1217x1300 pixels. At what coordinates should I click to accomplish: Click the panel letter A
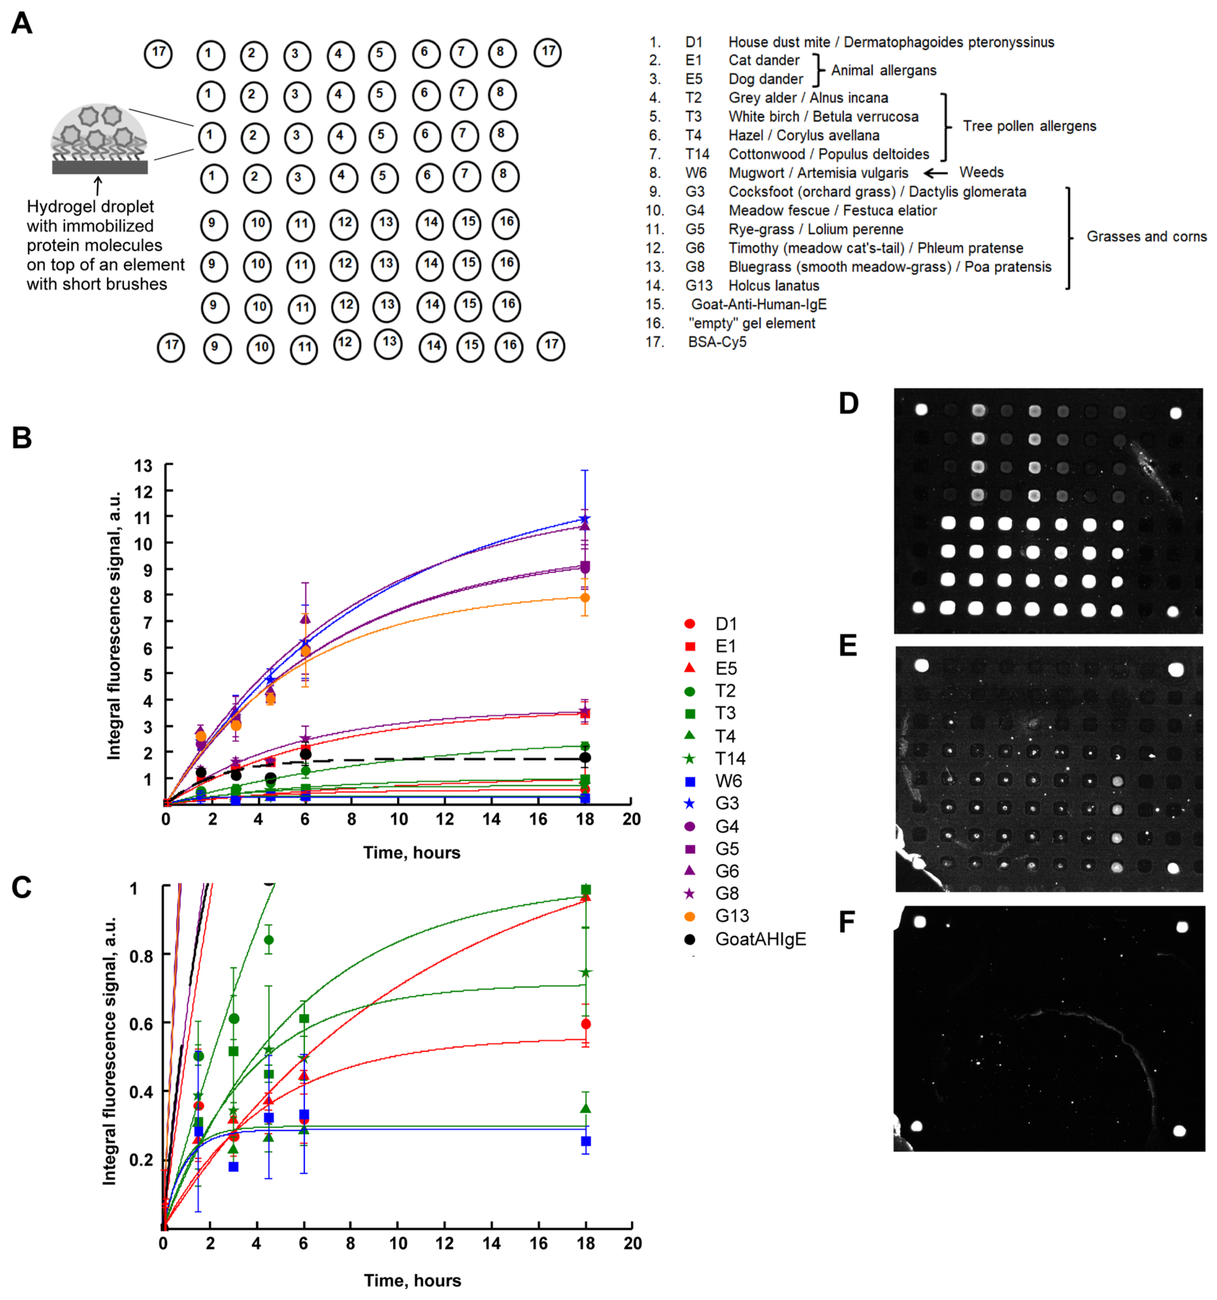[22, 24]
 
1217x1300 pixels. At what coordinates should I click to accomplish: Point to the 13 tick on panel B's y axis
[143, 466]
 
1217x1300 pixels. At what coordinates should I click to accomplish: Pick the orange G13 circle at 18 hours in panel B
[585, 598]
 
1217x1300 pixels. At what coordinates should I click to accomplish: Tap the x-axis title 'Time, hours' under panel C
[412, 1280]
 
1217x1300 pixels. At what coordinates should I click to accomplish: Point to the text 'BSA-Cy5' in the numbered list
[716, 342]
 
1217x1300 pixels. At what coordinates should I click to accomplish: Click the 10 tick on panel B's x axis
[399, 819]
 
